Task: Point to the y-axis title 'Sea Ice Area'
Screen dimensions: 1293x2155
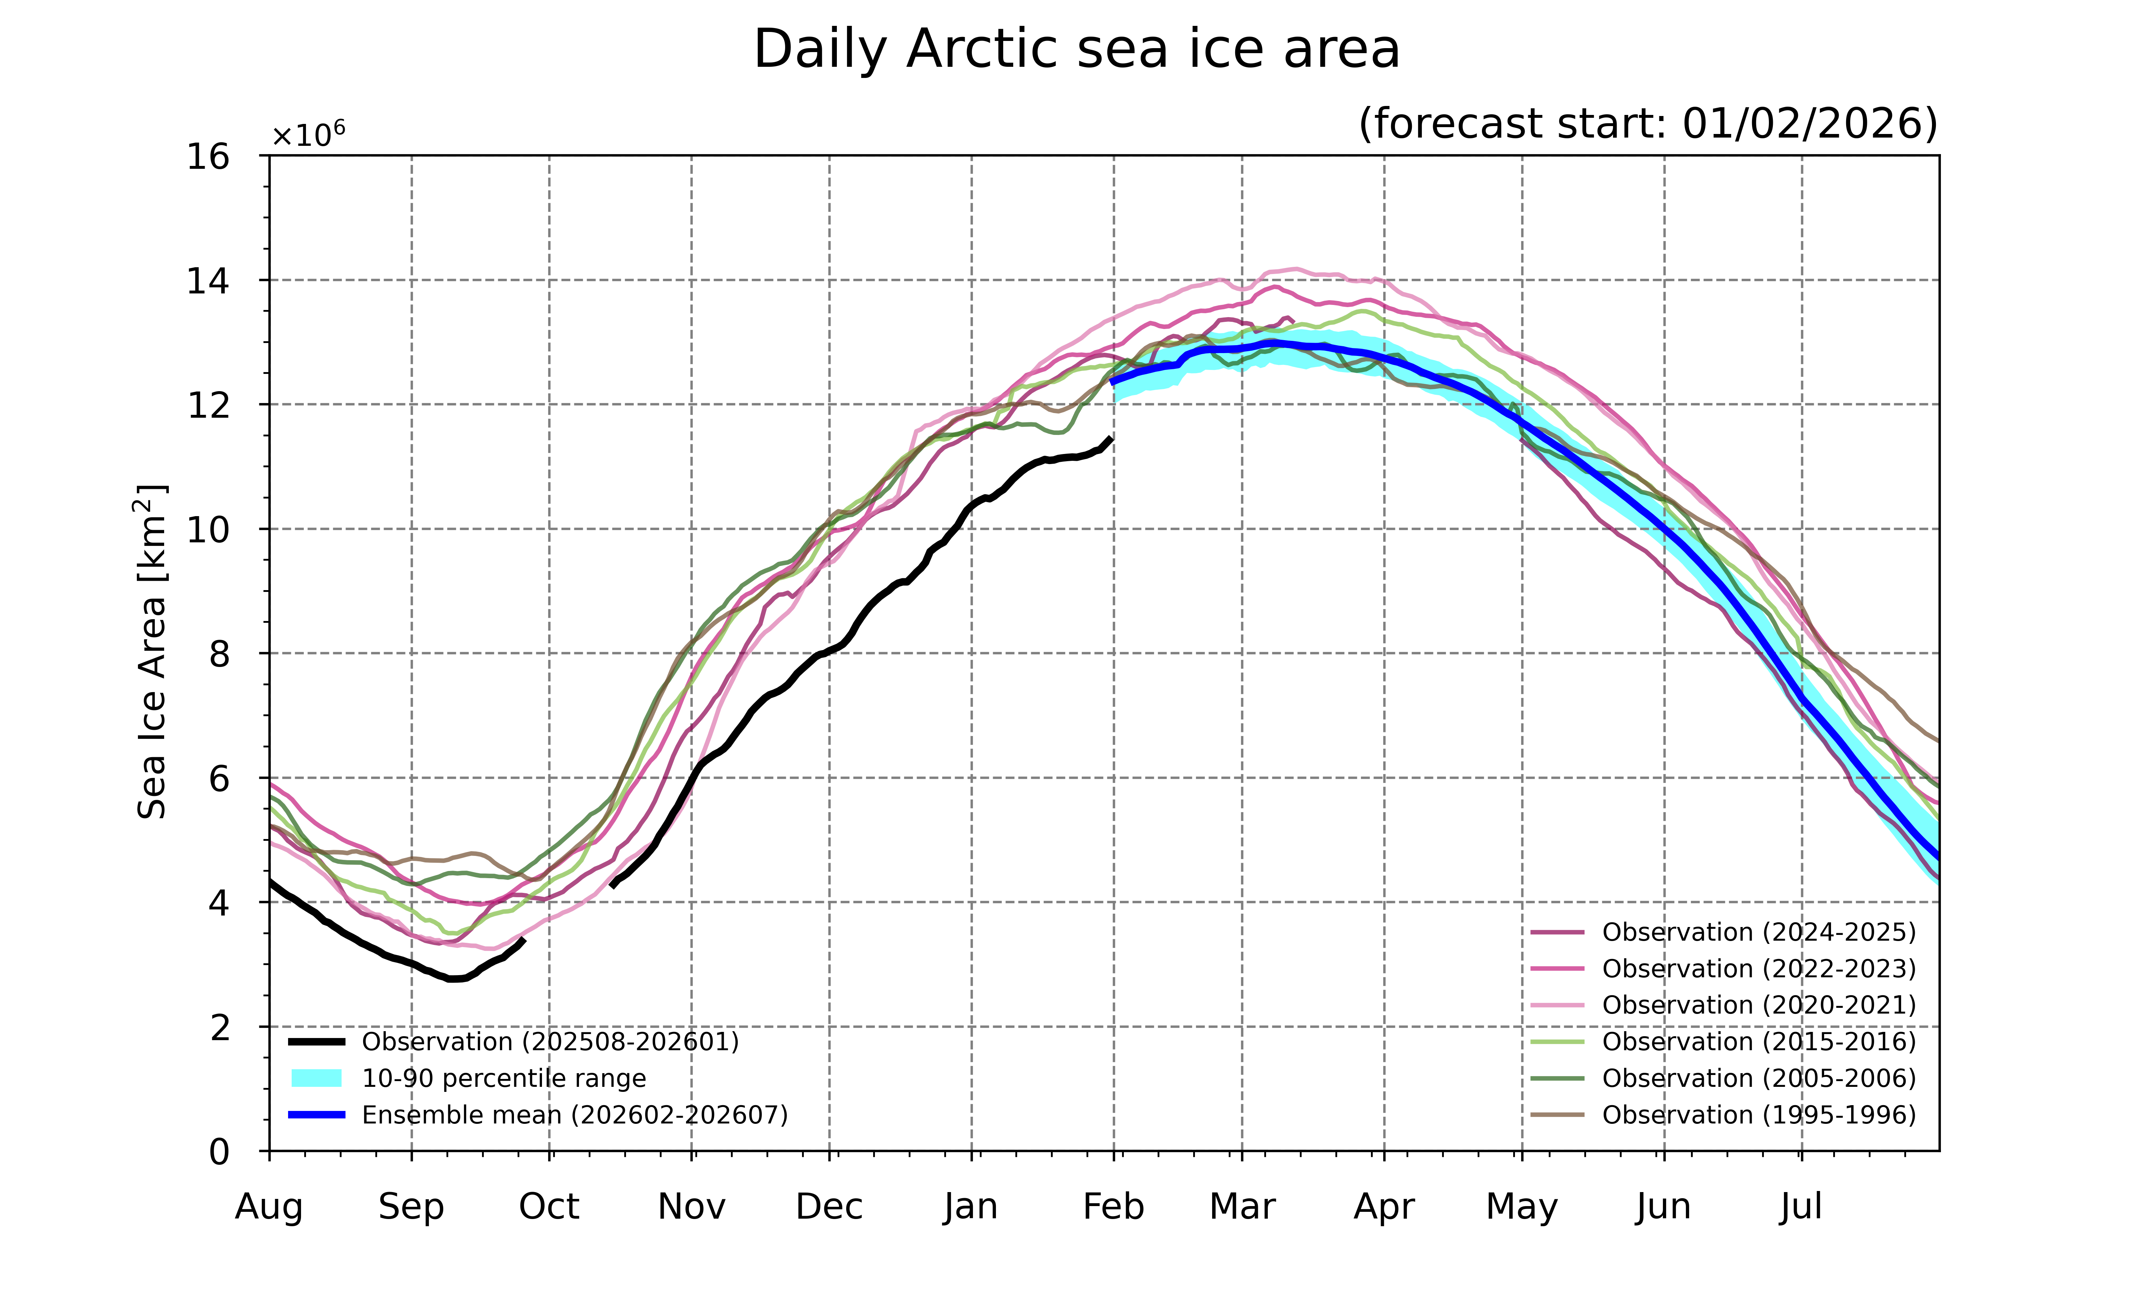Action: tap(152, 652)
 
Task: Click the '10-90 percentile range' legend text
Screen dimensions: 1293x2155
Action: tap(504, 1079)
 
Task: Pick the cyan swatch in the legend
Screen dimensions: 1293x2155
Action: tap(316, 1079)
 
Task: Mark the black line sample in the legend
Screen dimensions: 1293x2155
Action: tap(316, 1042)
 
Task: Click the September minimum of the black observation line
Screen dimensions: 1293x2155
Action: tap(455, 978)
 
